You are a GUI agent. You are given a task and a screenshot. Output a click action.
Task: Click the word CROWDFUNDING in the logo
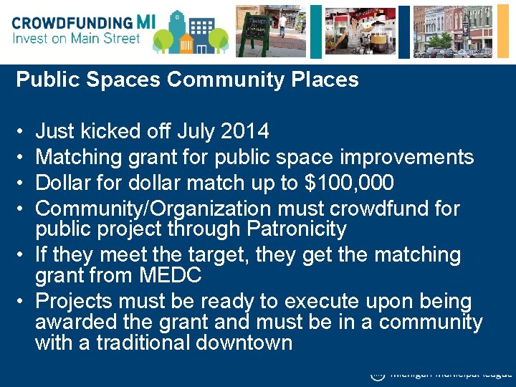pyautogui.click(x=72, y=22)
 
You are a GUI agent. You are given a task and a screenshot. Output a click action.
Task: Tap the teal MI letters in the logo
pyautogui.click(x=145, y=21)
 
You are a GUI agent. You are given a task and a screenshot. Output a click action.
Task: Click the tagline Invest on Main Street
pyautogui.click(x=76, y=39)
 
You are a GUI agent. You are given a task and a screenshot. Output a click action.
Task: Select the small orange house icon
pyautogui.click(x=187, y=42)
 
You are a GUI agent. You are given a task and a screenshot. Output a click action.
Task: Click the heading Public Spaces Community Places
pyautogui.click(x=187, y=80)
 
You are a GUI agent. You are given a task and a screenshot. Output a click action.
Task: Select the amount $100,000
pyautogui.click(x=349, y=183)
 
